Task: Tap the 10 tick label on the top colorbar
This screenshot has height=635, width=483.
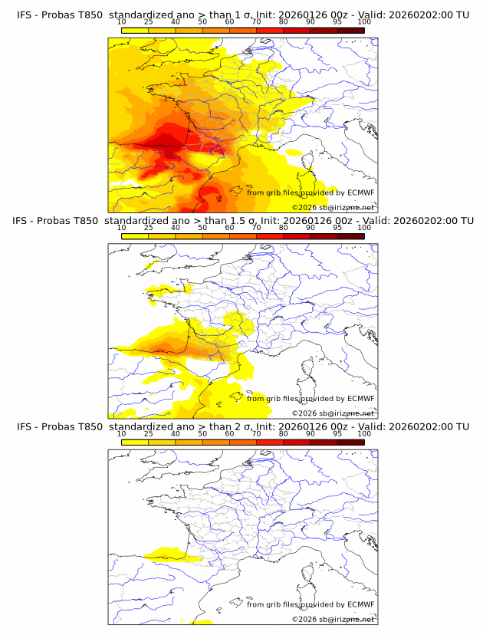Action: tap(121, 23)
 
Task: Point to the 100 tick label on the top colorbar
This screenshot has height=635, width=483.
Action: tap(364, 23)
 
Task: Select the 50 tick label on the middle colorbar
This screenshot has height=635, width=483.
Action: tap(202, 228)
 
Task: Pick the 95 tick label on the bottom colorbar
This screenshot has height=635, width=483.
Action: tap(337, 433)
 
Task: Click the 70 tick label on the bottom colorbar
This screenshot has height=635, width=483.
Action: tap(257, 433)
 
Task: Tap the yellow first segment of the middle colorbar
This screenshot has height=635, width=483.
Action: tap(135, 235)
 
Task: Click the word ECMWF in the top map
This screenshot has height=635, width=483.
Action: tap(360, 192)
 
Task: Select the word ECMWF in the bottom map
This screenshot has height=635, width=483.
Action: tap(360, 604)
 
